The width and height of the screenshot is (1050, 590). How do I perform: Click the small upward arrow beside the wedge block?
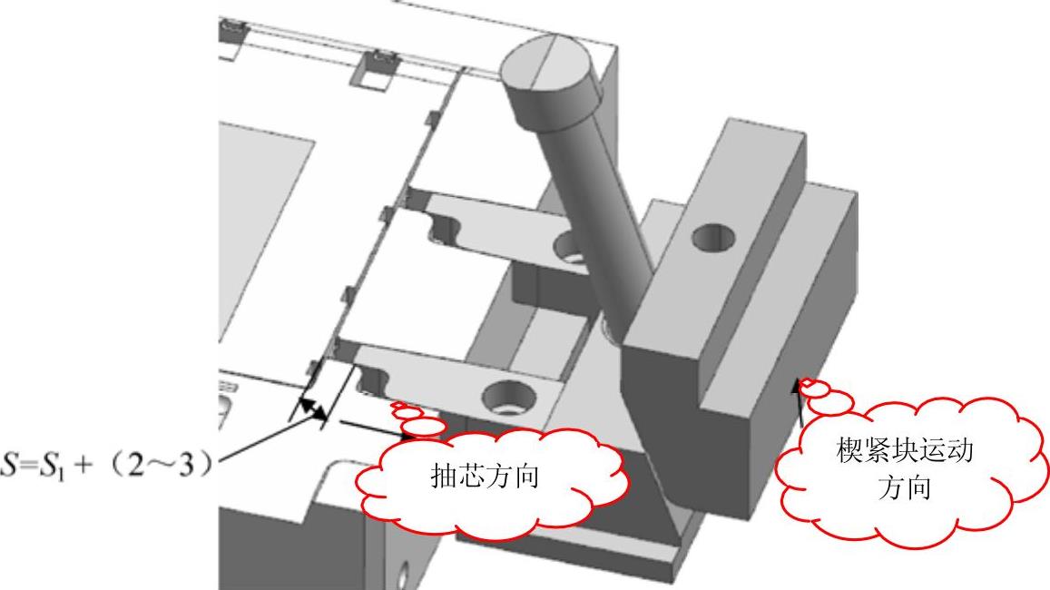(x=800, y=399)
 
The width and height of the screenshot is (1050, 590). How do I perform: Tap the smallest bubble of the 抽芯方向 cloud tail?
(x=397, y=406)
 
